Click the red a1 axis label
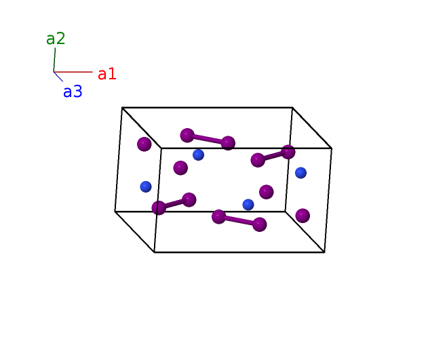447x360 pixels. click(x=106, y=74)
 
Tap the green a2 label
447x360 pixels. click(x=56, y=39)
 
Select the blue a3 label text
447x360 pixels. click(x=73, y=92)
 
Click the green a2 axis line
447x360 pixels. click(x=54, y=59)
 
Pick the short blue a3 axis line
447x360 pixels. click(x=58, y=77)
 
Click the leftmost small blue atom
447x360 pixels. click(x=145, y=186)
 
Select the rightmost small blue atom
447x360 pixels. click(x=300, y=173)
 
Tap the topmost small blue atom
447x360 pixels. click(x=198, y=155)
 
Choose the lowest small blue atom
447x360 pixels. click(x=248, y=204)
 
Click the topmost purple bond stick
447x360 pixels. click(x=208, y=139)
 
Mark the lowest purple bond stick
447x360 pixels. click(x=239, y=220)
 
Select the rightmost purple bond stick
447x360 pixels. click(x=273, y=156)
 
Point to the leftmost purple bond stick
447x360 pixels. click(x=174, y=203)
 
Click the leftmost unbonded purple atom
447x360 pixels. click(x=144, y=144)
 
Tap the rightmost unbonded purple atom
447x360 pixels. click(x=303, y=216)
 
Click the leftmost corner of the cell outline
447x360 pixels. click(x=115, y=211)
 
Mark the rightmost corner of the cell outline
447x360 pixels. click(x=332, y=148)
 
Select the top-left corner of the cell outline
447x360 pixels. click(x=122, y=107)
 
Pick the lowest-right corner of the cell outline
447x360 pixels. click(x=324, y=252)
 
